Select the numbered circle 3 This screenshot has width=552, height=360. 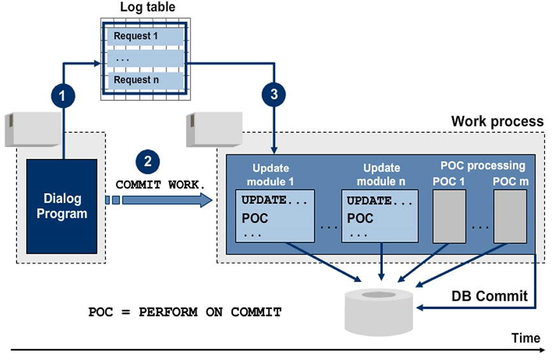tap(274, 95)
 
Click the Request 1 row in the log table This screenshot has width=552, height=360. tap(145, 36)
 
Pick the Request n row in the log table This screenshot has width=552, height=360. tap(145, 80)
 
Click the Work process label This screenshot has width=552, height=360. tap(497, 121)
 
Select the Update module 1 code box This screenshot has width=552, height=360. tap(275, 214)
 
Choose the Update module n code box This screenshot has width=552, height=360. tap(381, 214)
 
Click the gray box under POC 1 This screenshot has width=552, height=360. tap(450, 218)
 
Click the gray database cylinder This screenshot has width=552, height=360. tap(382, 310)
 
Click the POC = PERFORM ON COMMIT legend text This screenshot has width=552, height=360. tap(184, 312)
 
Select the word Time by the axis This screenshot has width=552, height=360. tap(525, 338)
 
